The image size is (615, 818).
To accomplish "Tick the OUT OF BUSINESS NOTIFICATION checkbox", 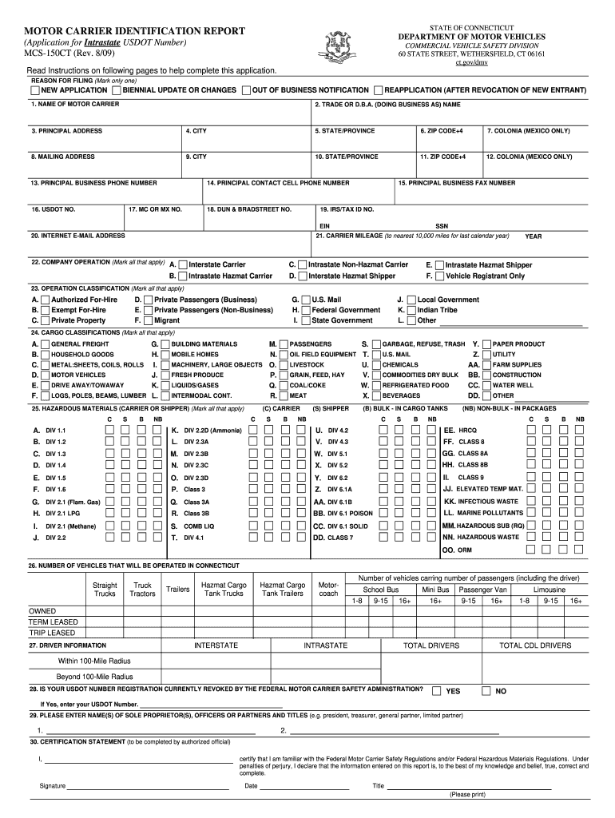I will tap(246, 91).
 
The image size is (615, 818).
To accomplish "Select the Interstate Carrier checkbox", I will tap(183, 264).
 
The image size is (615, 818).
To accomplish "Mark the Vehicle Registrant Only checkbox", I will tap(439, 276).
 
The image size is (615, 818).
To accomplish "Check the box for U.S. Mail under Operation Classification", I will tap(305, 300).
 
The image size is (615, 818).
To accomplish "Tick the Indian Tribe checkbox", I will tap(411, 310).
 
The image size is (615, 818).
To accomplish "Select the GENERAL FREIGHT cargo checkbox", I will tap(46, 343).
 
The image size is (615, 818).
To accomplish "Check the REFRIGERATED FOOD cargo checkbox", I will tap(376, 385).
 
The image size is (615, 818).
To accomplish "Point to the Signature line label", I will tap(53, 786).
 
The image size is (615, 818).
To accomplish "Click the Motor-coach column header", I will tap(328, 590).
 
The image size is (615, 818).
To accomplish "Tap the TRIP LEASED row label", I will tap(52, 633).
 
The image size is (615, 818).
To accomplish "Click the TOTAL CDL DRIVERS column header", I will tap(534, 645).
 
